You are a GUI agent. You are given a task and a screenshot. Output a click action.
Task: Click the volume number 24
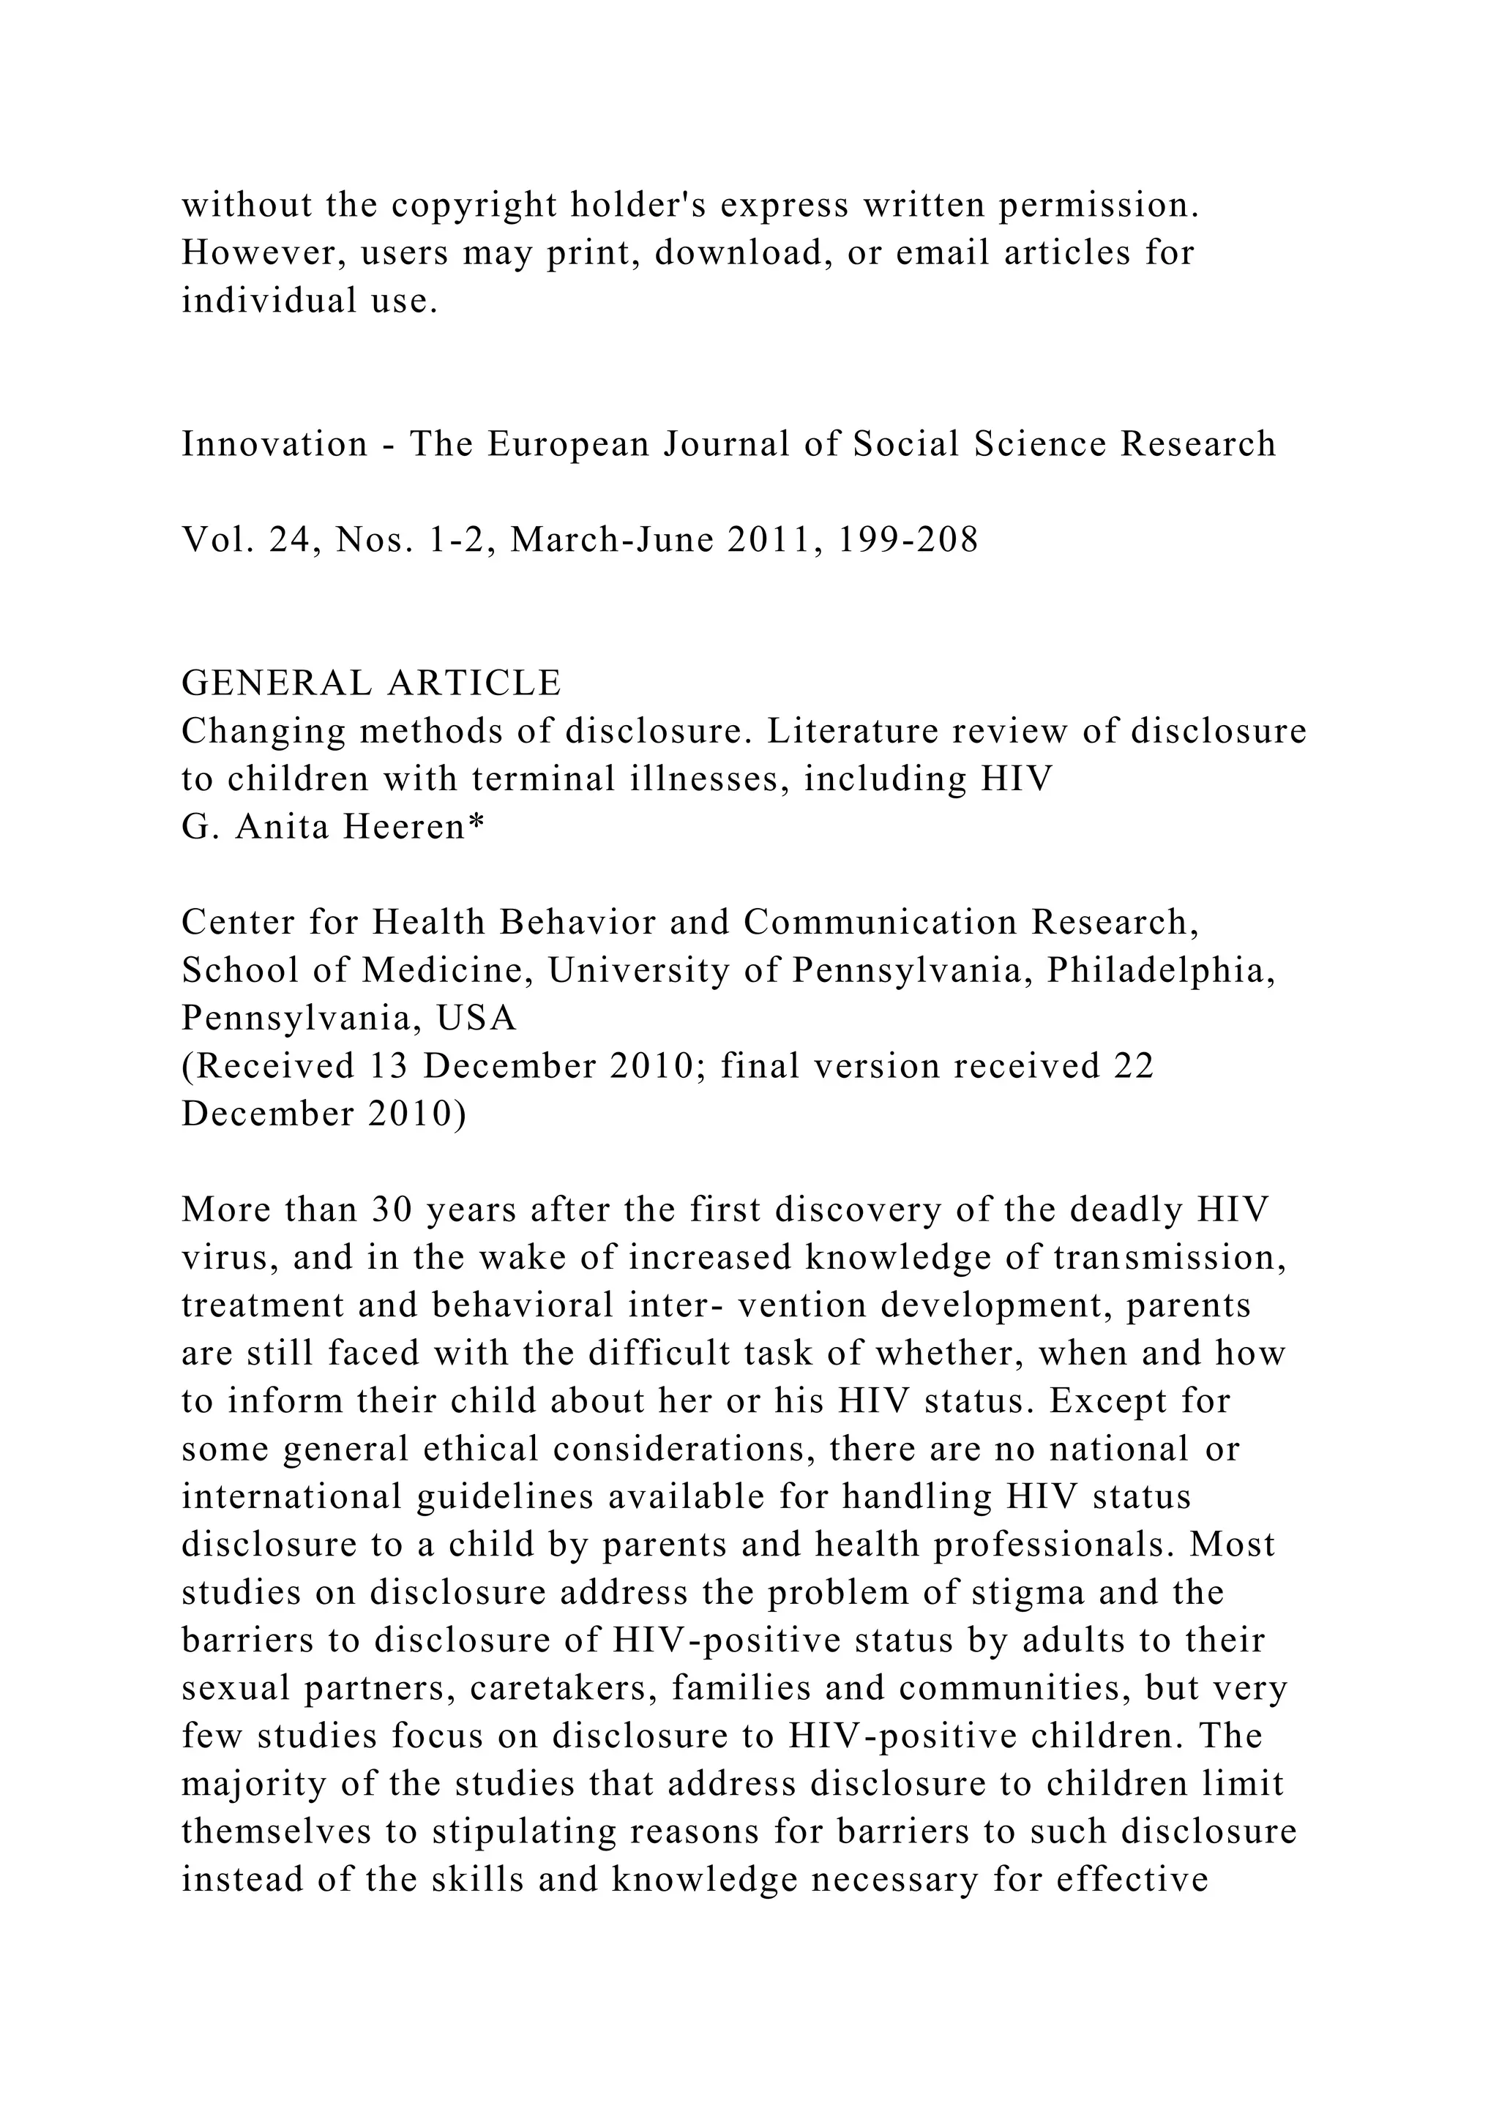point(294,540)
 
